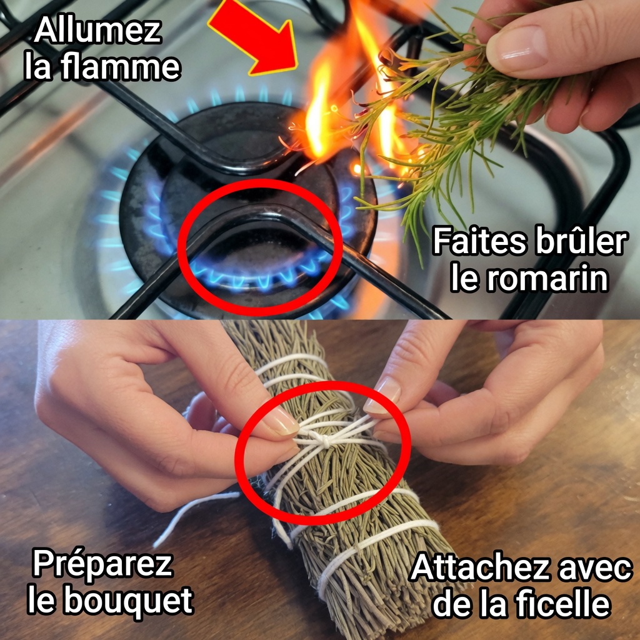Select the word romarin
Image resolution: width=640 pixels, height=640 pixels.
(529, 279)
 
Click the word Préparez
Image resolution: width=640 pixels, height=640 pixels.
(102, 565)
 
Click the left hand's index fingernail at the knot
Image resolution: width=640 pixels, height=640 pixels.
(281, 421)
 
